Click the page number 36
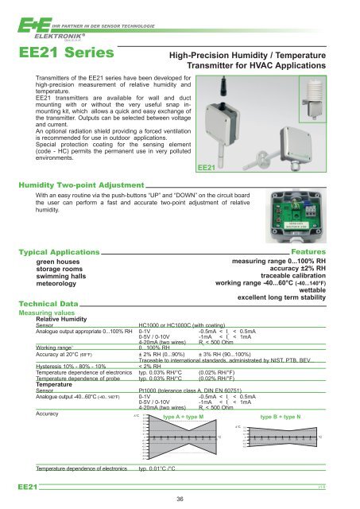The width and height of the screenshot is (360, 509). tap(180, 499)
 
